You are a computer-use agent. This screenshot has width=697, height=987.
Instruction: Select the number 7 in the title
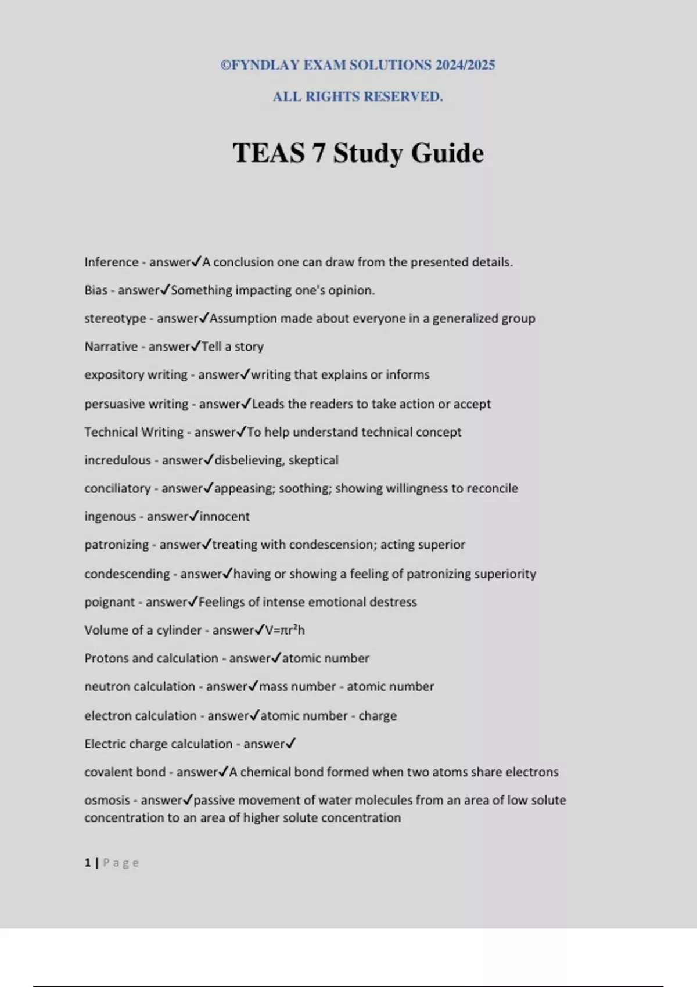point(318,153)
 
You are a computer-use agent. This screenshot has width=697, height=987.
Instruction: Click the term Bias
point(96,290)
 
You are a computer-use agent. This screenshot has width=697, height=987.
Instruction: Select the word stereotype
point(115,319)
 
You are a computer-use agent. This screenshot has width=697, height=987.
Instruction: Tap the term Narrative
point(111,347)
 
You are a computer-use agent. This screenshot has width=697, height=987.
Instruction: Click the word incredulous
point(117,460)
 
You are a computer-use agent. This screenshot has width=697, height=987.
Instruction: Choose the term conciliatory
point(117,488)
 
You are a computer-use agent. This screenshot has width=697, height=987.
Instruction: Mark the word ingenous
point(110,517)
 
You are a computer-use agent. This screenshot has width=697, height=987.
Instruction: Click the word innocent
point(225,517)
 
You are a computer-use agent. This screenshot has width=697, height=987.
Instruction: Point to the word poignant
point(110,602)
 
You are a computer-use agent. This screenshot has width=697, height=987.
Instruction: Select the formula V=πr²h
point(285,630)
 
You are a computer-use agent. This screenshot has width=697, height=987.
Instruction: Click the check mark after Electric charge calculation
point(291,743)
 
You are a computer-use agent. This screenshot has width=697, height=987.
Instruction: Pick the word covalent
point(109,772)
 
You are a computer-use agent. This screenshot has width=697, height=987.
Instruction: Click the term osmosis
point(107,800)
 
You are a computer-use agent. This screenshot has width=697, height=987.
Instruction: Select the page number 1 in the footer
point(88,863)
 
